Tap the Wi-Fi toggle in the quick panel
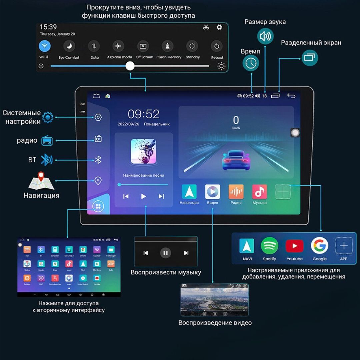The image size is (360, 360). [x=44, y=46]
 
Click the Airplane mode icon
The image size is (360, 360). [x=118, y=46]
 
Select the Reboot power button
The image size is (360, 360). [x=217, y=46]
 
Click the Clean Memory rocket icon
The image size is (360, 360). [x=167, y=46]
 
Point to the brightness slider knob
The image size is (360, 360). [x=130, y=66]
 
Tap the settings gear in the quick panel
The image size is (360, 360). [x=219, y=27]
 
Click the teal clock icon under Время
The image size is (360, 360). [x=251, y=63]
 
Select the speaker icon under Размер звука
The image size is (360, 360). [x=265, y=36]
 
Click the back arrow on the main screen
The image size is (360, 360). [x=291, y=96]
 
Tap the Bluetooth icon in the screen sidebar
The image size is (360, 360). [x=98, y=160]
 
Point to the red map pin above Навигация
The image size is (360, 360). [x=41, y=176]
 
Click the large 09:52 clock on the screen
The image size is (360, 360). [x=144, y=114]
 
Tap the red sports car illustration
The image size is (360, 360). [x=236, y=160]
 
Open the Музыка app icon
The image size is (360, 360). [x=259, y=192]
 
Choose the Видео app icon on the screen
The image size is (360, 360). [x=212, y=192]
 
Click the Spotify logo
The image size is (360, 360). [x=269, y=246]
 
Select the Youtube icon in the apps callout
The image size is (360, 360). [x=294, y=246]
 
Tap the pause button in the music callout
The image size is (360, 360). [x=165, y=253]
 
